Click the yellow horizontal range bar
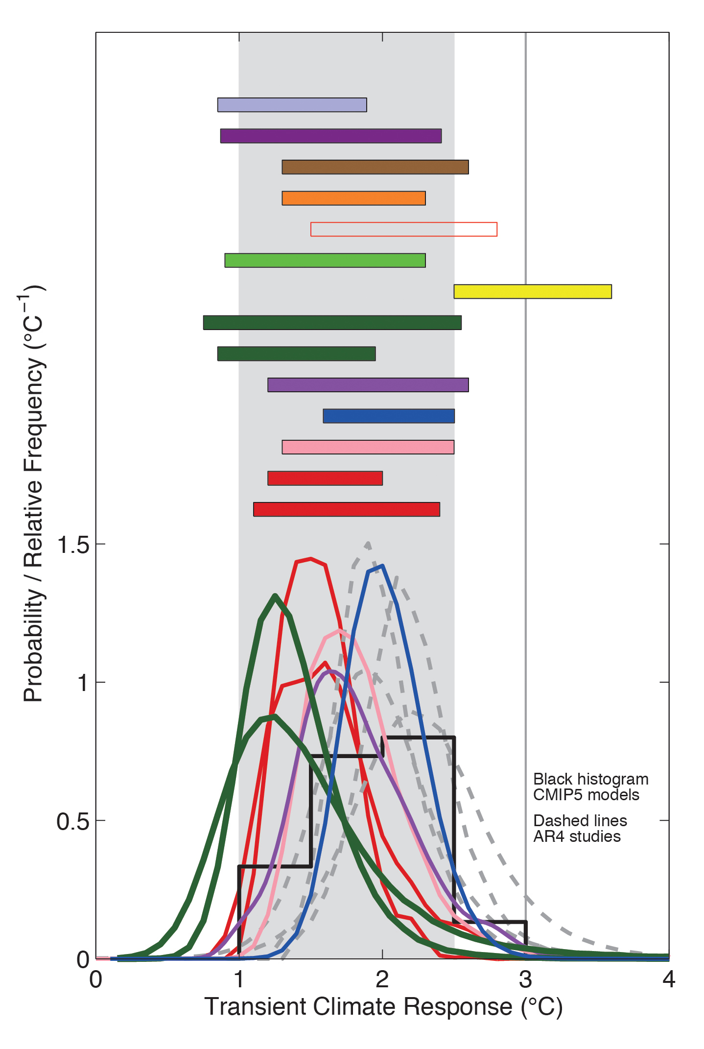tap(532, 291)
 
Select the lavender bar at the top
tap(292, 105)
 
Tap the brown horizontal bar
tap(375, 167)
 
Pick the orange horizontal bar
tap(353, 198)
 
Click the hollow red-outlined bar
tap(403, 229)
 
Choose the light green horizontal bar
tap(325, 261)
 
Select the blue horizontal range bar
tap(389, 416)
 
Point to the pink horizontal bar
tap(368, 447)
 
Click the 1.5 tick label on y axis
tap(73, 545)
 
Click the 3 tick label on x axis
tap(525, 979)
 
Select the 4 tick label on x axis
tap(669, 979)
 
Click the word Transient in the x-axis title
tap(256, 1007)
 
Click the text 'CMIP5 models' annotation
tap(586, 794)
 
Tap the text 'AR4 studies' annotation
tap(577, 836)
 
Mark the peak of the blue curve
tap(381, 566)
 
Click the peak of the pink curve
tap(339, 630)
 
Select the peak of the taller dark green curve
tap(275, 596)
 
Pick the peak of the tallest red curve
tap(310, 559)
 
